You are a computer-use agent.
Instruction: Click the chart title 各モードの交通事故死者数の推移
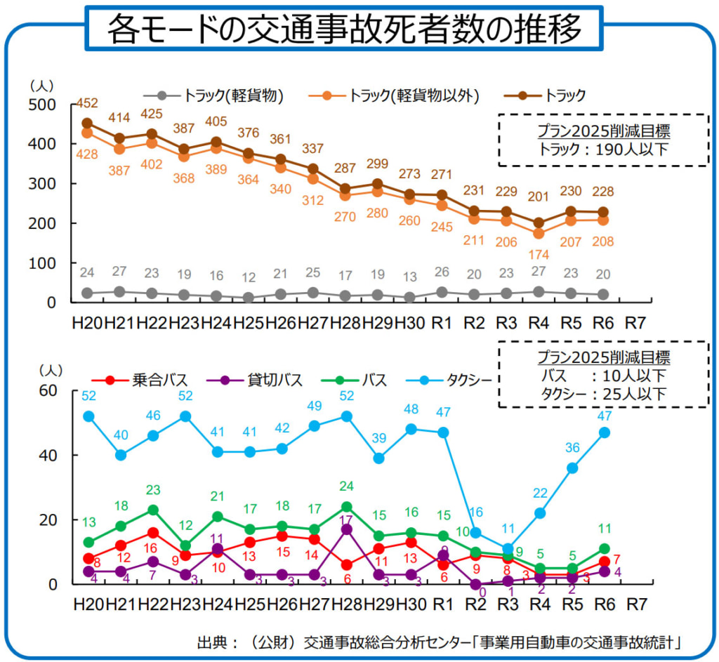point(344,29)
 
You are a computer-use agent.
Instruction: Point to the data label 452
point(87,104)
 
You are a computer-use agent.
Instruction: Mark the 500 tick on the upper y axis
point(46,104)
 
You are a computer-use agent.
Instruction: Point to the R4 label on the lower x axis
point(539,604)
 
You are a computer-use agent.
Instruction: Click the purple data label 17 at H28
point(345,519)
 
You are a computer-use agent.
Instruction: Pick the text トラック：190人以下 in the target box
point(603,149)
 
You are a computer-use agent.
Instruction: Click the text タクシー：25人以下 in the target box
point(603,394)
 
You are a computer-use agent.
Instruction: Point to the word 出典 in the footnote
point(213,642)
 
